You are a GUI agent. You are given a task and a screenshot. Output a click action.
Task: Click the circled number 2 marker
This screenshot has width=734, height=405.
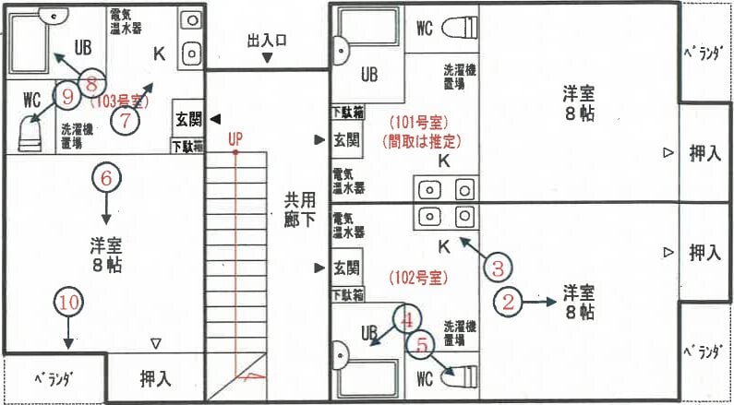pyautogui.click(x=511, y=299)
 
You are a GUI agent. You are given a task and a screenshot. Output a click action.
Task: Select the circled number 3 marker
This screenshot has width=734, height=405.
pyautogui.click(x=497, y=269)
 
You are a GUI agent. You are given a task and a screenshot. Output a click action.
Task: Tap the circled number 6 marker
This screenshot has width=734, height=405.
pyautogui.click(x=106, y=177)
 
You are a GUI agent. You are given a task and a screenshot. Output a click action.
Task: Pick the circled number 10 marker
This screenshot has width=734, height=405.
pyautogui.click(x=67, y=302)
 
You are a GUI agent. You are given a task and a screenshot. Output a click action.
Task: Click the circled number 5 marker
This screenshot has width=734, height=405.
pyautogui.click(x=422, y=346)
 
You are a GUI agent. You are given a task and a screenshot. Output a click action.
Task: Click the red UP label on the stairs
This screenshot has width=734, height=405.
pyautogui.click(x=235, y=138)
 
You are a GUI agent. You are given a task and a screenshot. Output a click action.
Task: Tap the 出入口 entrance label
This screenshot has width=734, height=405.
pyautogui.click(x=267, y=42)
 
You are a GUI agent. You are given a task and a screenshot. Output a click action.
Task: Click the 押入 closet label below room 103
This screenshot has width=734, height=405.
pyautogui.click(x=154, y=377)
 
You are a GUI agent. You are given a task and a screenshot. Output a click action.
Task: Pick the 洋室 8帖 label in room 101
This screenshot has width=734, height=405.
pyautogui.click(x=581, y=103)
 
